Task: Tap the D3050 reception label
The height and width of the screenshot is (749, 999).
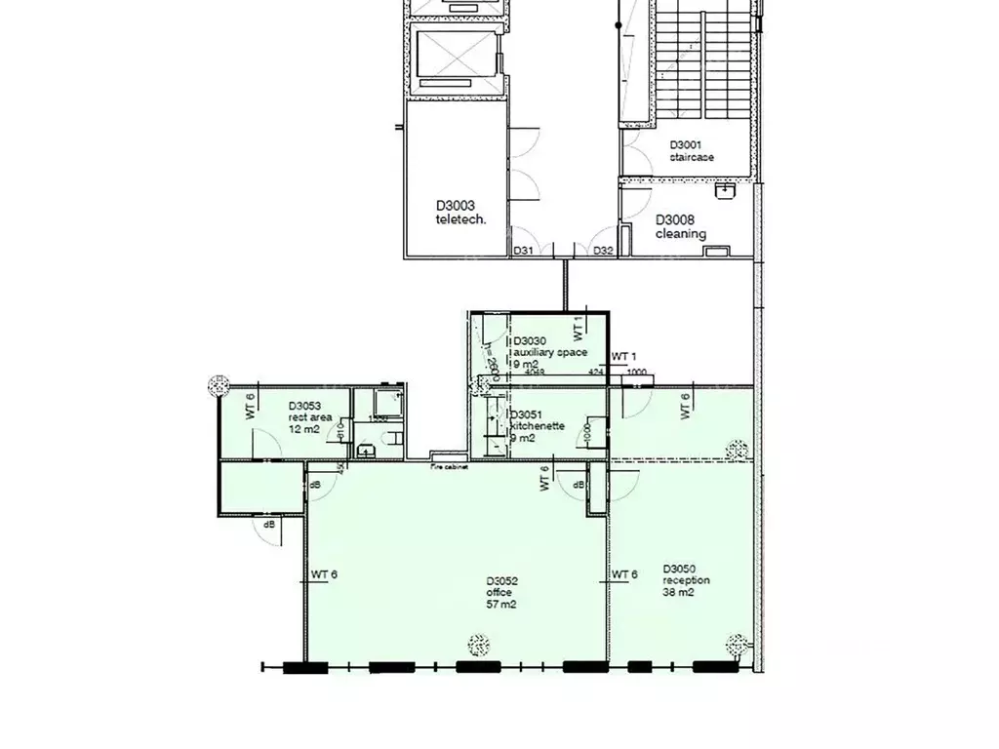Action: point(686,574)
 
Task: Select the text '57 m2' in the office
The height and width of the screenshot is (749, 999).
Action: point(501,605)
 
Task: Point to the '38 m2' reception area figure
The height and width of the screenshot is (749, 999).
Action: point(678,592)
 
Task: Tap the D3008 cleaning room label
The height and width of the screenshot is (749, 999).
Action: point(680,226)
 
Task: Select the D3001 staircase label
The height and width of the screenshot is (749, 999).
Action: point(692,150)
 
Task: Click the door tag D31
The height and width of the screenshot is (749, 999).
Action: point(524,251)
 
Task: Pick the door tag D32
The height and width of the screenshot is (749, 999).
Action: point(604,251)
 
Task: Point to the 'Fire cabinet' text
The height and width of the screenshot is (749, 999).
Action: point(449,467)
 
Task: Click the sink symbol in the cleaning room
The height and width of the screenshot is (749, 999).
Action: point(724,191)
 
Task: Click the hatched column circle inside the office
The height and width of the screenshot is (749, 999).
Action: point(478,645)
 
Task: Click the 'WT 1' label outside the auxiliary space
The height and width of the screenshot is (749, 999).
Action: point(623,357)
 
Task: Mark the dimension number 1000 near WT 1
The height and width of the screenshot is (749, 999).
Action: point(636,372)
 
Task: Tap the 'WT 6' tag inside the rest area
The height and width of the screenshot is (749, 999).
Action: point(251,405)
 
